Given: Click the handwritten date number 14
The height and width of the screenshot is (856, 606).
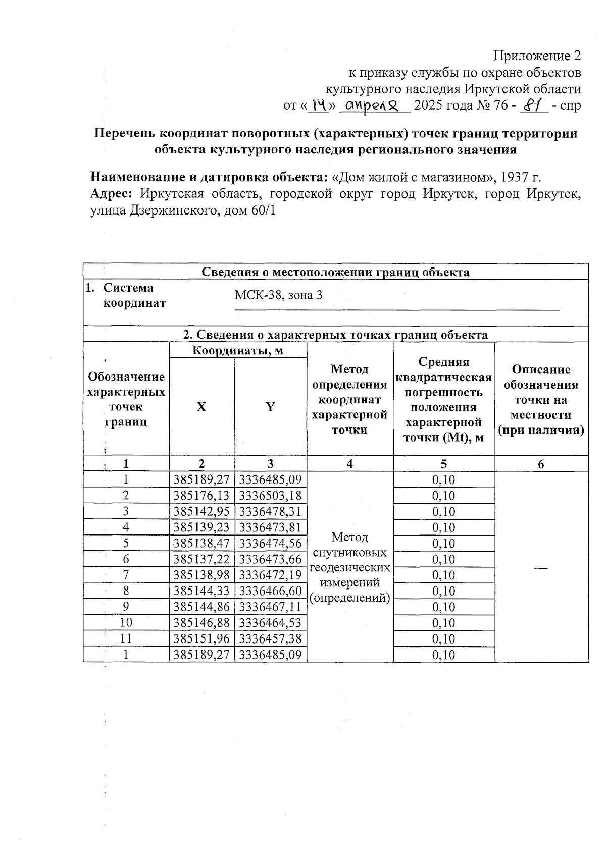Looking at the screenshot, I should [x=319, y=105].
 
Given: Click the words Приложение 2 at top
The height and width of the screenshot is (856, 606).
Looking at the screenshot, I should [x=537, y=56].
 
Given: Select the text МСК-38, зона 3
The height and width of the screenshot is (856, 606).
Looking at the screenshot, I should [x=278, y=295].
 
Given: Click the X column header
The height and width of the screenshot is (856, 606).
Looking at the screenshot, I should [x=201, y=407].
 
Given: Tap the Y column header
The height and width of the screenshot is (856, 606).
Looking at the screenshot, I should [x=270, y=407].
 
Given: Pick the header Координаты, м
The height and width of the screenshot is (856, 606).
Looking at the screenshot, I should [x=238, y=350].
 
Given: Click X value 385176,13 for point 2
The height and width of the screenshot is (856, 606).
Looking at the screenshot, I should [x=201, y=496].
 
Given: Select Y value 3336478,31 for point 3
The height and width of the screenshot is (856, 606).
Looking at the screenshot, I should [x=270, y=512].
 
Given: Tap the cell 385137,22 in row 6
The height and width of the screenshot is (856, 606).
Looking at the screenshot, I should [x=201, y=559].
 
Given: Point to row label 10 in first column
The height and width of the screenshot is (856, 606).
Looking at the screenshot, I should [x=126, y=623].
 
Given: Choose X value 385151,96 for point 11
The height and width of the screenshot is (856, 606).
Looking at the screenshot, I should [x=201, y=639].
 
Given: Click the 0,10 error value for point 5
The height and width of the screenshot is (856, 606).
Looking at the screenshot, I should [x=443, y=544].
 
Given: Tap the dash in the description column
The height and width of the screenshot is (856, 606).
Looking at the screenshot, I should [x=541, y=568].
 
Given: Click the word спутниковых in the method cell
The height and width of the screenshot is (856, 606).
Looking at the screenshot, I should [x=349, y=552].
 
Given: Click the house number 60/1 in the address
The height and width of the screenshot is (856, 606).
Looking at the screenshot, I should [x=263, y=210].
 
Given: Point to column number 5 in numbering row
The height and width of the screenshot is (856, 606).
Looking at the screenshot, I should [x=443, y=464].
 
